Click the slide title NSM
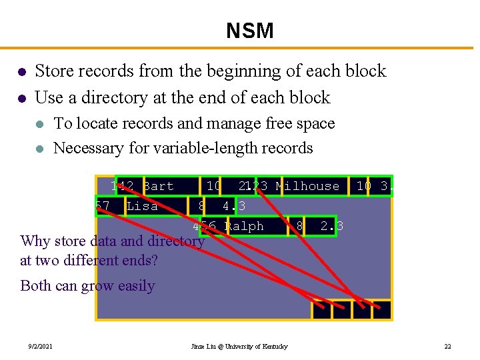coord(249,31)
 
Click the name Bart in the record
coord(159,186)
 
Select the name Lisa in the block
coord(142,206)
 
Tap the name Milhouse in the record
coord(307,186)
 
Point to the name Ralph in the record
coord(244,226)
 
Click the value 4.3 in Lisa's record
coord(233,206)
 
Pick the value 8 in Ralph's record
coord(299,226)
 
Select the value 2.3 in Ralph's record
coord(331,226)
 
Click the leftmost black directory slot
coord(321,310)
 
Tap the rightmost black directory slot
coord(382,310)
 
